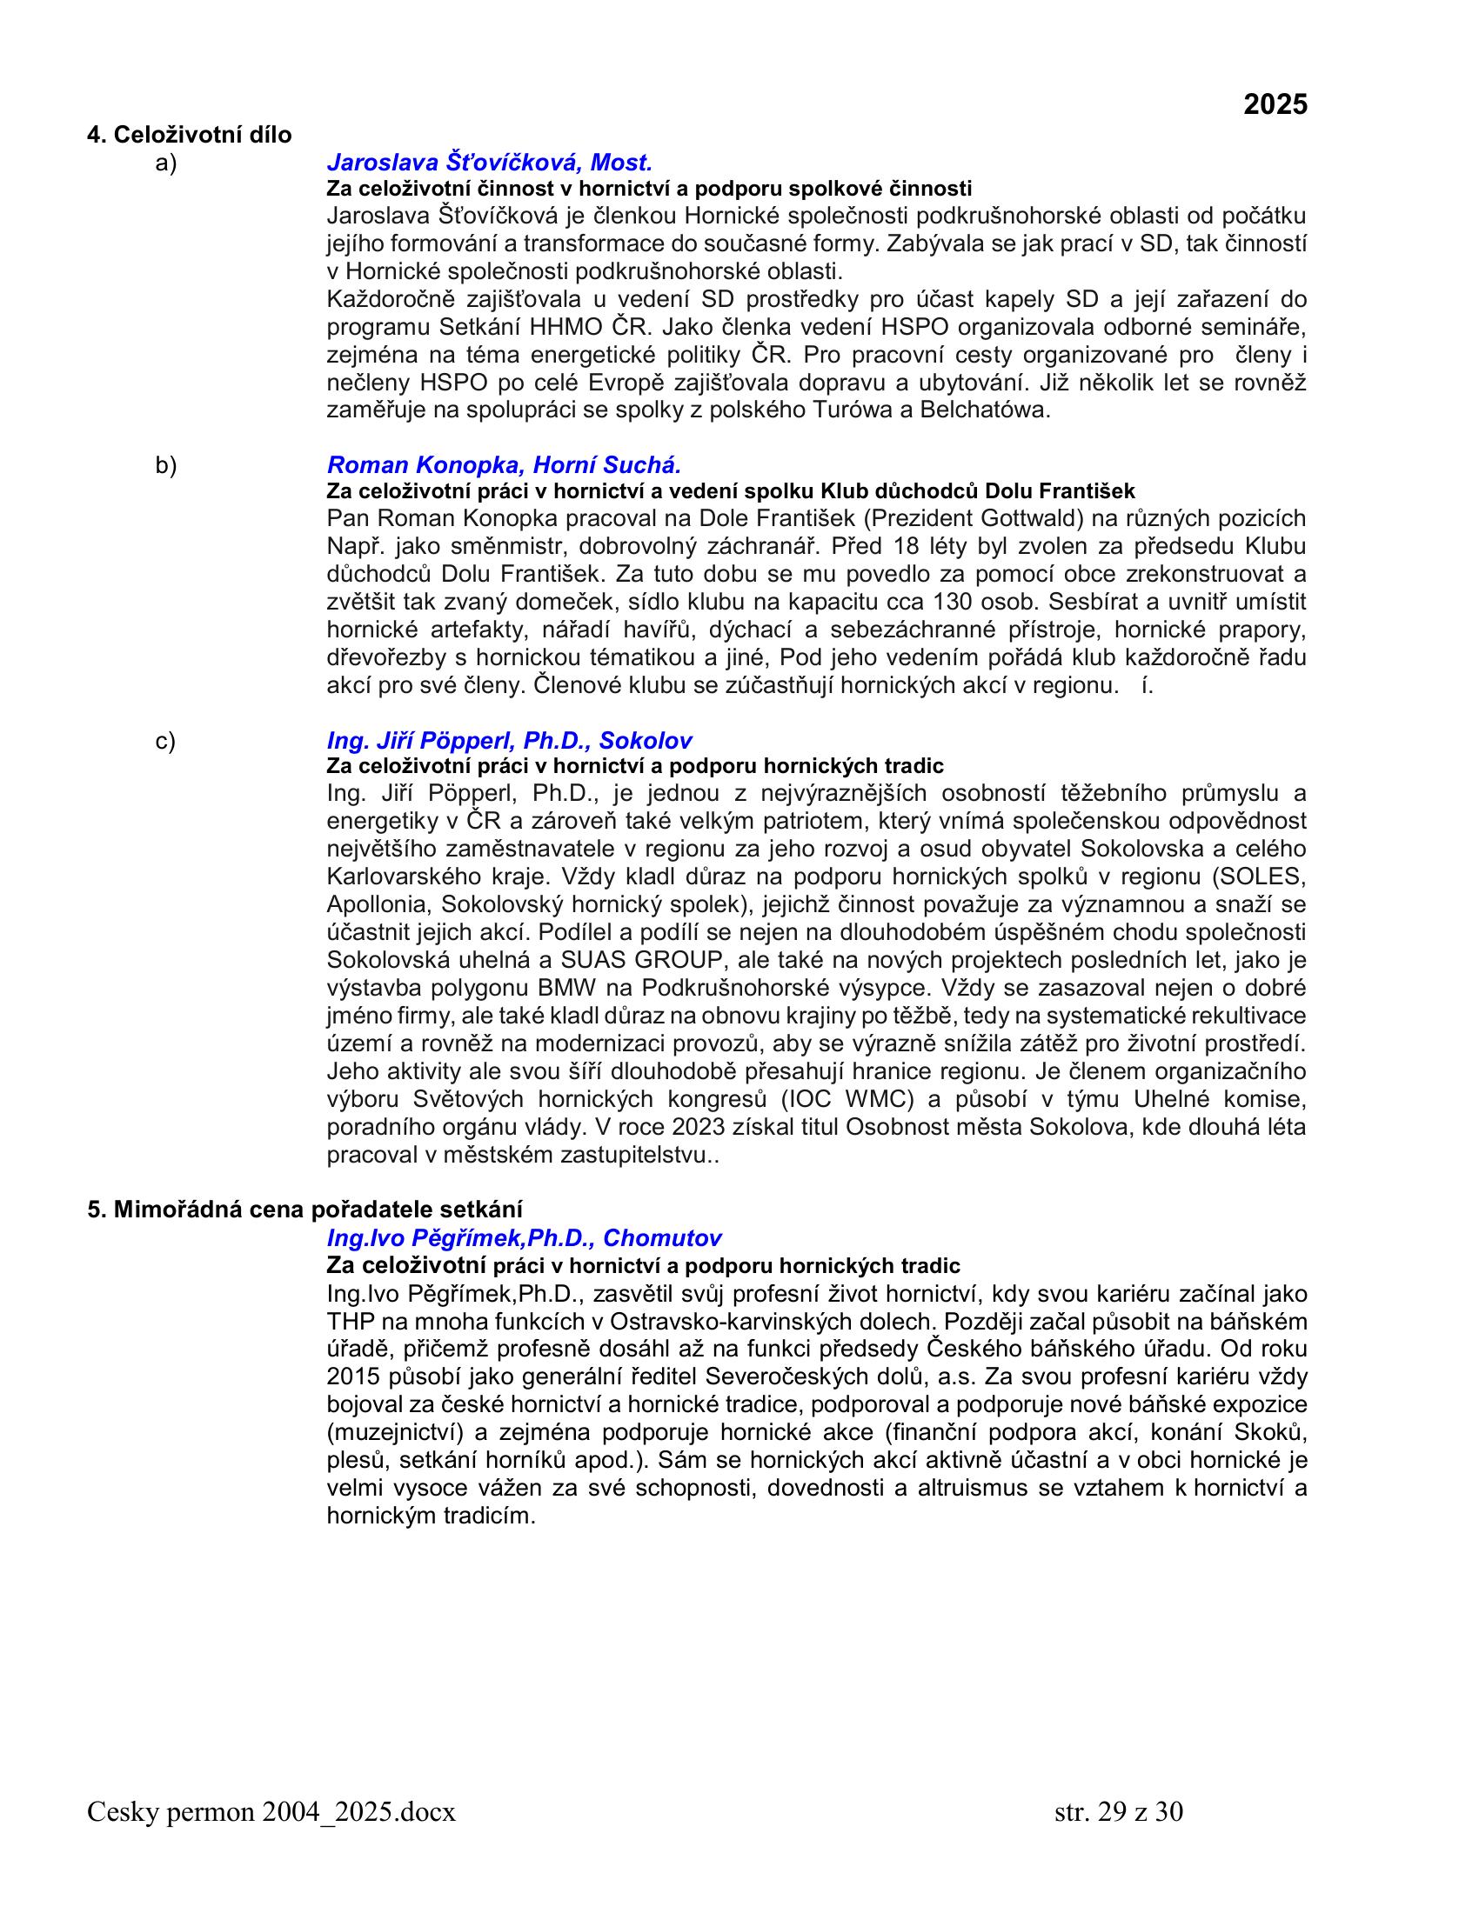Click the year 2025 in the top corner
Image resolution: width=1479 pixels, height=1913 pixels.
pos(1275,104)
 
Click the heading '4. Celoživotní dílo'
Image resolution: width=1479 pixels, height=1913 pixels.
pos(190,134)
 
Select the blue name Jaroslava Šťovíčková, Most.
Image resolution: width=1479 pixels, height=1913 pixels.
pos(489,162)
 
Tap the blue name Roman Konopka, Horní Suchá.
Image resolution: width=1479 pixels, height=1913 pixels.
pos(504,464)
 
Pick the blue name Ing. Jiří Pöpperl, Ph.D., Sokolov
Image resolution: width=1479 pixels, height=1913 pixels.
pos(509,740)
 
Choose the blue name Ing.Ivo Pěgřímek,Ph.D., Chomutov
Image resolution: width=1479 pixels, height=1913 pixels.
pos(523,1237)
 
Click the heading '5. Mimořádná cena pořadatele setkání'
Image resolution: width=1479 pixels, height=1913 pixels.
pos(304,1210)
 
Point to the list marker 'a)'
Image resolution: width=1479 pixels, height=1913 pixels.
pos(165,163)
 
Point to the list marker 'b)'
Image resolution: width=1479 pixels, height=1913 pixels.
pos(165,465)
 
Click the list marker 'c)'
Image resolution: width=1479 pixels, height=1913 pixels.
pos(164,741)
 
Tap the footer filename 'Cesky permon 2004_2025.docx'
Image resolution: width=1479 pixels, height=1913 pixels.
pos(271,1811)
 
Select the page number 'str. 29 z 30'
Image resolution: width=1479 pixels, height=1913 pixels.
pos(1118,1811)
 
